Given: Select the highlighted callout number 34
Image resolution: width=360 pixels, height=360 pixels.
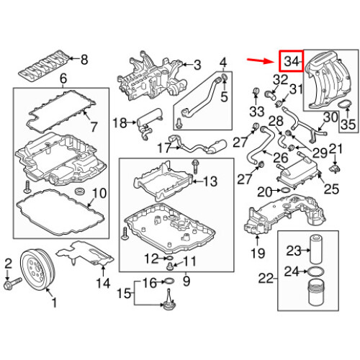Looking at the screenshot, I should tap(292, 61).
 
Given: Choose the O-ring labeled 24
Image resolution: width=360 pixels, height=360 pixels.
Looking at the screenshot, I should tap(315, 271).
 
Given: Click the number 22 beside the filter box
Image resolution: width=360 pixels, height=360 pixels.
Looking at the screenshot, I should tap(267, 278).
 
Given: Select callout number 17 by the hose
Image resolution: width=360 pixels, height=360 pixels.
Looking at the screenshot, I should tap(164, 148).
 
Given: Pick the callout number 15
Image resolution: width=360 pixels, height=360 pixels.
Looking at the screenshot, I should tap(123, 293).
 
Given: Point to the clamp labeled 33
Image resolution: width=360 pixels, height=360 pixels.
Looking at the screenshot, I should tap(256, 91).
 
